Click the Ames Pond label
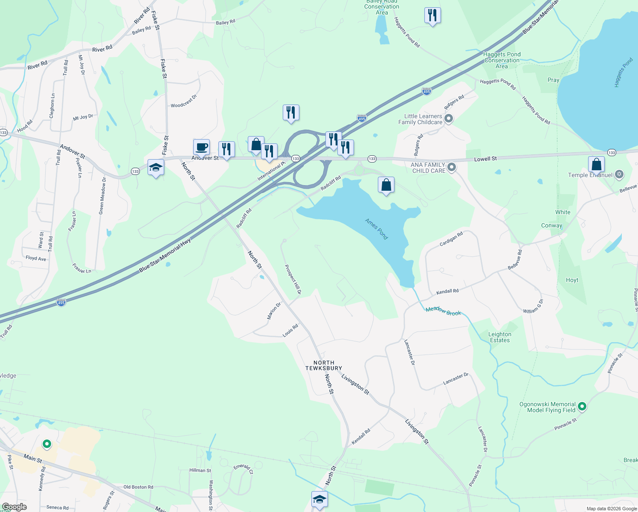point(377,229)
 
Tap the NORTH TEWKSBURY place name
point(324,365)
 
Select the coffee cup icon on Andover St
point(201,148)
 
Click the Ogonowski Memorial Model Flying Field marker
point(582,407)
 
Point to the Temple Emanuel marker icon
point(619,175)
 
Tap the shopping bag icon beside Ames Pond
point(386,185)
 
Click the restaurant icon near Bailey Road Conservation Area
point(432,16)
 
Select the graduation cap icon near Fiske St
point(156,168)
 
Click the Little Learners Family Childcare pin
point(448,119)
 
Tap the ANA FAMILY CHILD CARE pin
point(452,167)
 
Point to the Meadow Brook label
point(443,311)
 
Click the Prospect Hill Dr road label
point(293,279)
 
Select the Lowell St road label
point(485,159)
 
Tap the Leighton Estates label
point(500,337)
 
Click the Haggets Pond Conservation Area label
point(502,60)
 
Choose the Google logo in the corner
point(14,507)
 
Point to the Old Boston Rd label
point(138,487)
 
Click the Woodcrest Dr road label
point(184,101)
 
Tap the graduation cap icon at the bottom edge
point(319,499)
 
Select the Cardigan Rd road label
point(451,239)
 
